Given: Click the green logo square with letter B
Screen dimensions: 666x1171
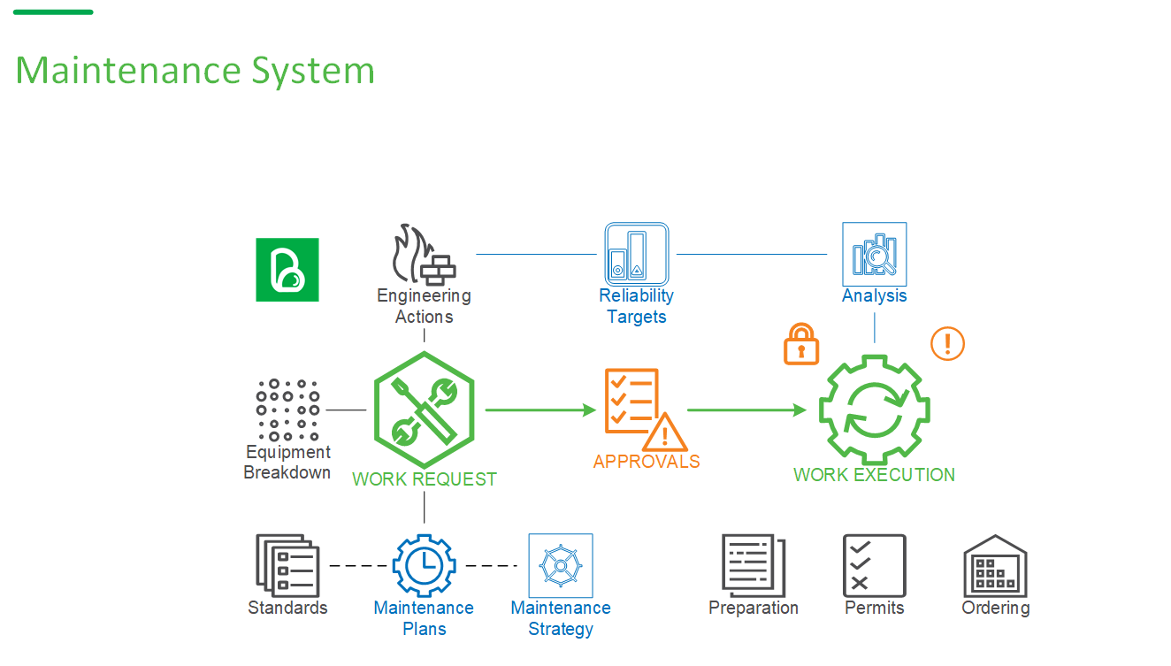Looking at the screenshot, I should click(x=287, y=270).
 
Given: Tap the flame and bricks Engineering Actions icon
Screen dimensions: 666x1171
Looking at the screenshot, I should click(x=424, y=254).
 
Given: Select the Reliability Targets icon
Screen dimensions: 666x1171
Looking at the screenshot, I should click(x=636, y=254).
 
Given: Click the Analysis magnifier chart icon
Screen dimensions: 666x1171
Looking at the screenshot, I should click(x=874, y=254).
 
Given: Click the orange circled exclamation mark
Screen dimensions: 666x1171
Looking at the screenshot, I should click(x=947, y=343).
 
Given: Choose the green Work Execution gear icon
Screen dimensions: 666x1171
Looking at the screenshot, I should click(x=874, y=410).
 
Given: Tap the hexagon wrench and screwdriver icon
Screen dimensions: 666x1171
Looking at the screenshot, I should click(x=424, y=410).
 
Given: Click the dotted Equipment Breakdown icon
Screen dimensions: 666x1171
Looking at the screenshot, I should click(x=287, y=410).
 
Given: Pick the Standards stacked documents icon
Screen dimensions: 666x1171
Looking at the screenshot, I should click(x=287, y=564).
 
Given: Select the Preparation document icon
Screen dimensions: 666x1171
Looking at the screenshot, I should click(x=753, y=564).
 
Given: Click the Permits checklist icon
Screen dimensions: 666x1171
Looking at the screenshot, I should click(x=874, y=564).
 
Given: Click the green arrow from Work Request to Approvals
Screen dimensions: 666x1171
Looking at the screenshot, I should click(x=540, y=410).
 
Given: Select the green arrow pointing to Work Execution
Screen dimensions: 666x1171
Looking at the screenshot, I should click(x=746, y=410).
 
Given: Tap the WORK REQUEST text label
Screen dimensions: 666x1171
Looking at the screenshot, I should click(x=425, y=479).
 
